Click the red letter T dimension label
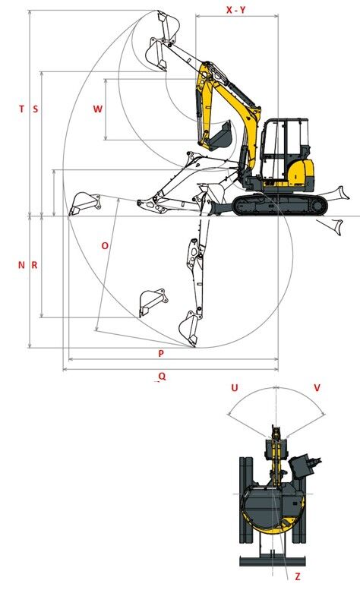(x=21, y=109)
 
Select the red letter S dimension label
(x=36, y=109)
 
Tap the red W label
(x=97, y=109)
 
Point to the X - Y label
(x=236, y=10)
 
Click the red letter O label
(x=105, y=246)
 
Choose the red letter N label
(x=21, y=265)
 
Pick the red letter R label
(x=34, y=265)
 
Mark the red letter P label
(x=161, y=353)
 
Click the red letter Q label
(x=162, y=376)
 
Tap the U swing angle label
(x=235, y=387)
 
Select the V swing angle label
(x=317, y=387)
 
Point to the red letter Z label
(x=298, y=576)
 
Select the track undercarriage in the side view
(x=279, y=205)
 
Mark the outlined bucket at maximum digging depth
(x=189, y=327)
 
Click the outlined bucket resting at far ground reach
(x=84, y=204)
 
